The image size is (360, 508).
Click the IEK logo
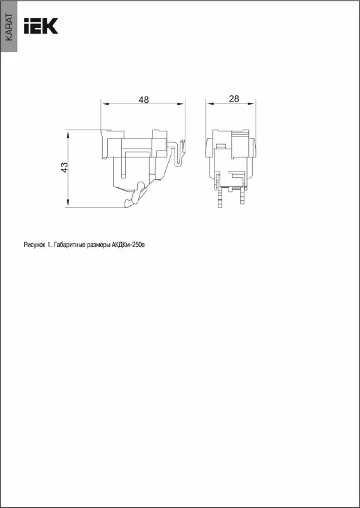pos(41,26)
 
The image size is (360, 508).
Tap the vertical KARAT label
pos(9,27)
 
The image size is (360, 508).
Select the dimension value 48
pos(143,100)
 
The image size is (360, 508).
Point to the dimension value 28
pos(234,99)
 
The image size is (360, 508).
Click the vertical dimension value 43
pos(65,167)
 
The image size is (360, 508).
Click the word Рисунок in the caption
pos(34,245)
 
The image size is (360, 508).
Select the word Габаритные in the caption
pos(70,245)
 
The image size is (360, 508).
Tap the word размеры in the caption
pos(99,246)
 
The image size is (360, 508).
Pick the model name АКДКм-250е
pos(128,245)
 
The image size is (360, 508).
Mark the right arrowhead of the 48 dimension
pos(180,104)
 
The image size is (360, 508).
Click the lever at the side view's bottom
pos(135,195)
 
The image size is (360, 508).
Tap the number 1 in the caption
pos(49,245)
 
